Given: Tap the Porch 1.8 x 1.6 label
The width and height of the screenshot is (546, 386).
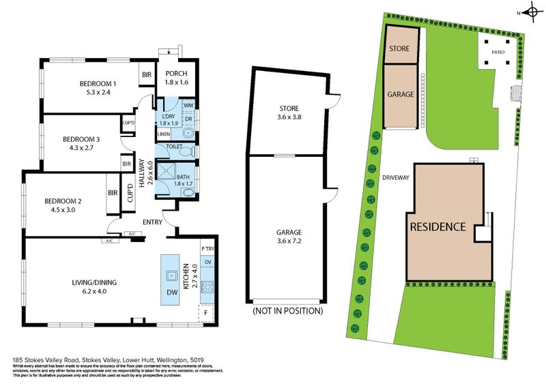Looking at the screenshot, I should point(176,78).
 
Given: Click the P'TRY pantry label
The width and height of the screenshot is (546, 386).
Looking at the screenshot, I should point(207,250).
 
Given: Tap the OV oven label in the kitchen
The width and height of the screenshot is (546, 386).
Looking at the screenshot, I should point(207,263).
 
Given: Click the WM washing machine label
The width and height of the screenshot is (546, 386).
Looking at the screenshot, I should point(188,105).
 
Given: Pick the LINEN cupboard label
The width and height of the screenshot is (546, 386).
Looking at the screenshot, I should point(164,134).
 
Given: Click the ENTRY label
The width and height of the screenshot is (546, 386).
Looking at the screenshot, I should point(152,222).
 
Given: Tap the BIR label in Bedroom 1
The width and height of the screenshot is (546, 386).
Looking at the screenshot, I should point(146,75).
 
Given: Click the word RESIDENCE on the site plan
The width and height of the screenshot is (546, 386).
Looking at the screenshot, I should point(437,227).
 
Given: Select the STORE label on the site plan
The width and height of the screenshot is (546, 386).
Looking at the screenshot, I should point(399,48).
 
